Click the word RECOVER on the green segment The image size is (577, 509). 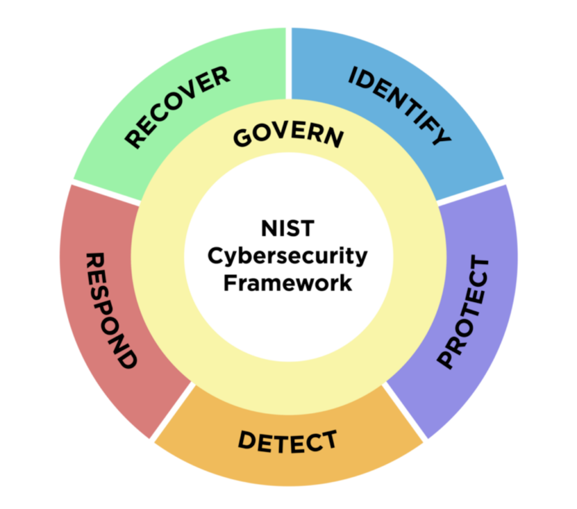(x=177, y=107)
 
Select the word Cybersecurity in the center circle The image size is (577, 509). (x=287, y=256)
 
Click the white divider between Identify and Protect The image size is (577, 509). (x=471, y=192)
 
